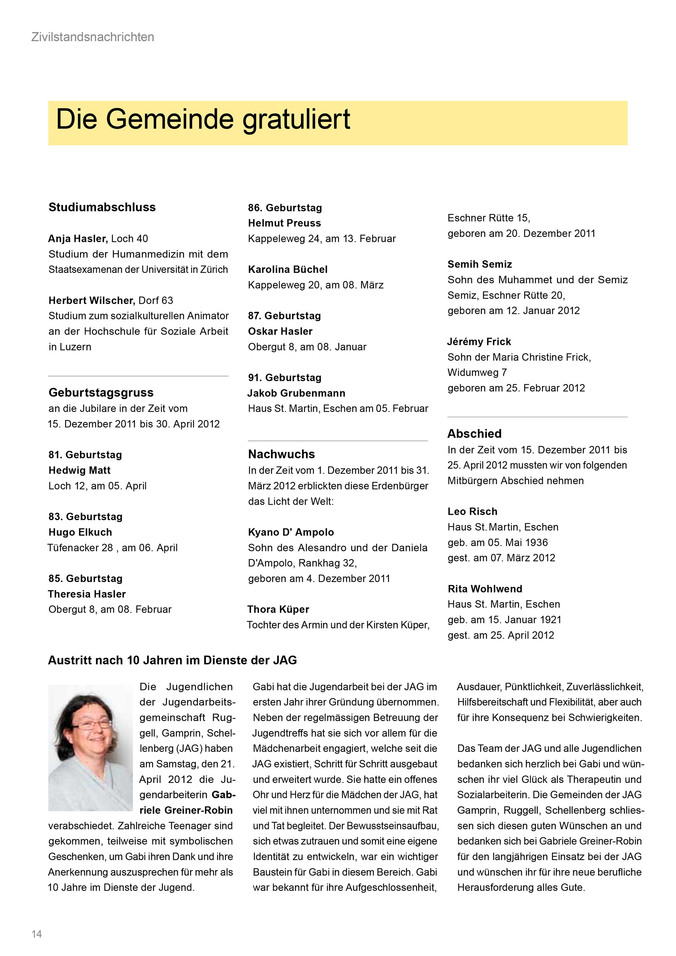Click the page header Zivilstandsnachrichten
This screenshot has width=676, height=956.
coord(92,37)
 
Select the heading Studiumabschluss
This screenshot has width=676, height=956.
coord(102,207)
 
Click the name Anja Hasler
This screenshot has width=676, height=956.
coord(78,239)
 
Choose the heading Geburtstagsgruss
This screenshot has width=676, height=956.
coord(101,392)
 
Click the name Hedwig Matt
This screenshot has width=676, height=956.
coord(80,470)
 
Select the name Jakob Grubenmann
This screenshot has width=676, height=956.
coord(296,393)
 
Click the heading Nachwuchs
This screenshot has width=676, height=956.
coord(281,454)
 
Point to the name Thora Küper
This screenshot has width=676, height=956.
coord(278,609)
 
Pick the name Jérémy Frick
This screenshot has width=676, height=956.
coord(479,342)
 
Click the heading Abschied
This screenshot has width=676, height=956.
coord(474,433)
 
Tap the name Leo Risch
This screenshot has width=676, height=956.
coord(472,511)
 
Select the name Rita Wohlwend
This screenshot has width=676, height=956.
coord(485,589)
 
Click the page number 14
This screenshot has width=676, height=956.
coord(37,934)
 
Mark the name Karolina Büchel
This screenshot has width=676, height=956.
coord(288,269)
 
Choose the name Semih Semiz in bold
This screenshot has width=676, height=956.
coord(480,264)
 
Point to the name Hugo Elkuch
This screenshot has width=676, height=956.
coord(80,532)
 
